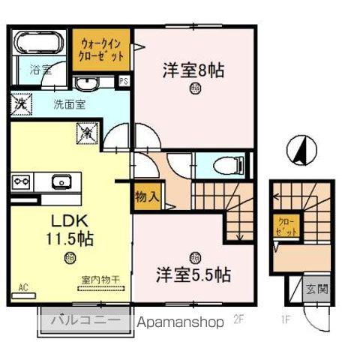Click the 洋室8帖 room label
pyautogui.click(x=194, y=72)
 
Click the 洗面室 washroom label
pyautogui.click(x=67, y=106)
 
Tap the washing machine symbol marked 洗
pyautogui.click(x=19, y=103)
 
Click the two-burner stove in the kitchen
pyautogui.click(x=20, y=181)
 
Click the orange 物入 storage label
pyautogui.click(x=146, y=197)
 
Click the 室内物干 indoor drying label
pyautogui.click(x=101, y=280)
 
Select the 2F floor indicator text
pyautogui.click(x=240, y=321)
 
